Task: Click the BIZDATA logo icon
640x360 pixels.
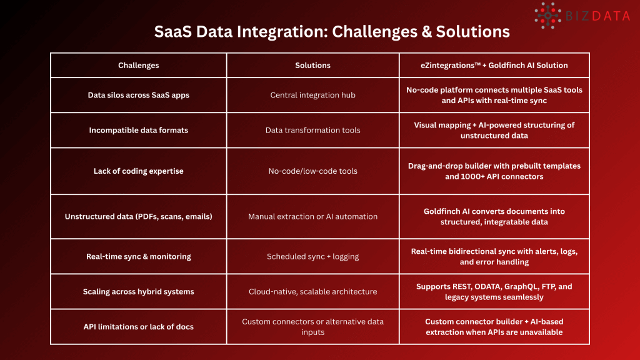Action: tap(547, 16)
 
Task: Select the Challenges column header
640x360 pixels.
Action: tap(138, 65)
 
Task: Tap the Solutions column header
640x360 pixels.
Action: tap(312, 65)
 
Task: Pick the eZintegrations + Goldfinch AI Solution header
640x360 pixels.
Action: tap(494, 65)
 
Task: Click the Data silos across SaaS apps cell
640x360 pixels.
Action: tap(138, 95)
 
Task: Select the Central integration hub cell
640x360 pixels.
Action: tap(312, 95)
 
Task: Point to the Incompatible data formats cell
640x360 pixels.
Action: tap(138, 130)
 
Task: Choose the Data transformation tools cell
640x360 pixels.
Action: tap(312, 130)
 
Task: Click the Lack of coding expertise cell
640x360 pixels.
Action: tap(138, 171)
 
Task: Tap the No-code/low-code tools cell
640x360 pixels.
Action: tap(312, 171)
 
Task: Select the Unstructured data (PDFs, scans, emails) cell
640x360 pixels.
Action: tap(138, 216)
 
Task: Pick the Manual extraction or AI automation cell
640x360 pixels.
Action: tap(312, 216)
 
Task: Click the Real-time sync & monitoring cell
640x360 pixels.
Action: tap(138, 256)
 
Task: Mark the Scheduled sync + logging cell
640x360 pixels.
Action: tap(312, 256)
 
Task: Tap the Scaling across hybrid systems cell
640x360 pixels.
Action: tap(138, 291)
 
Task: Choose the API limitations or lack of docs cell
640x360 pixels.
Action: tap(138, 326)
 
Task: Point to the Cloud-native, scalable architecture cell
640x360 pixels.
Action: tap(312, 291)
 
